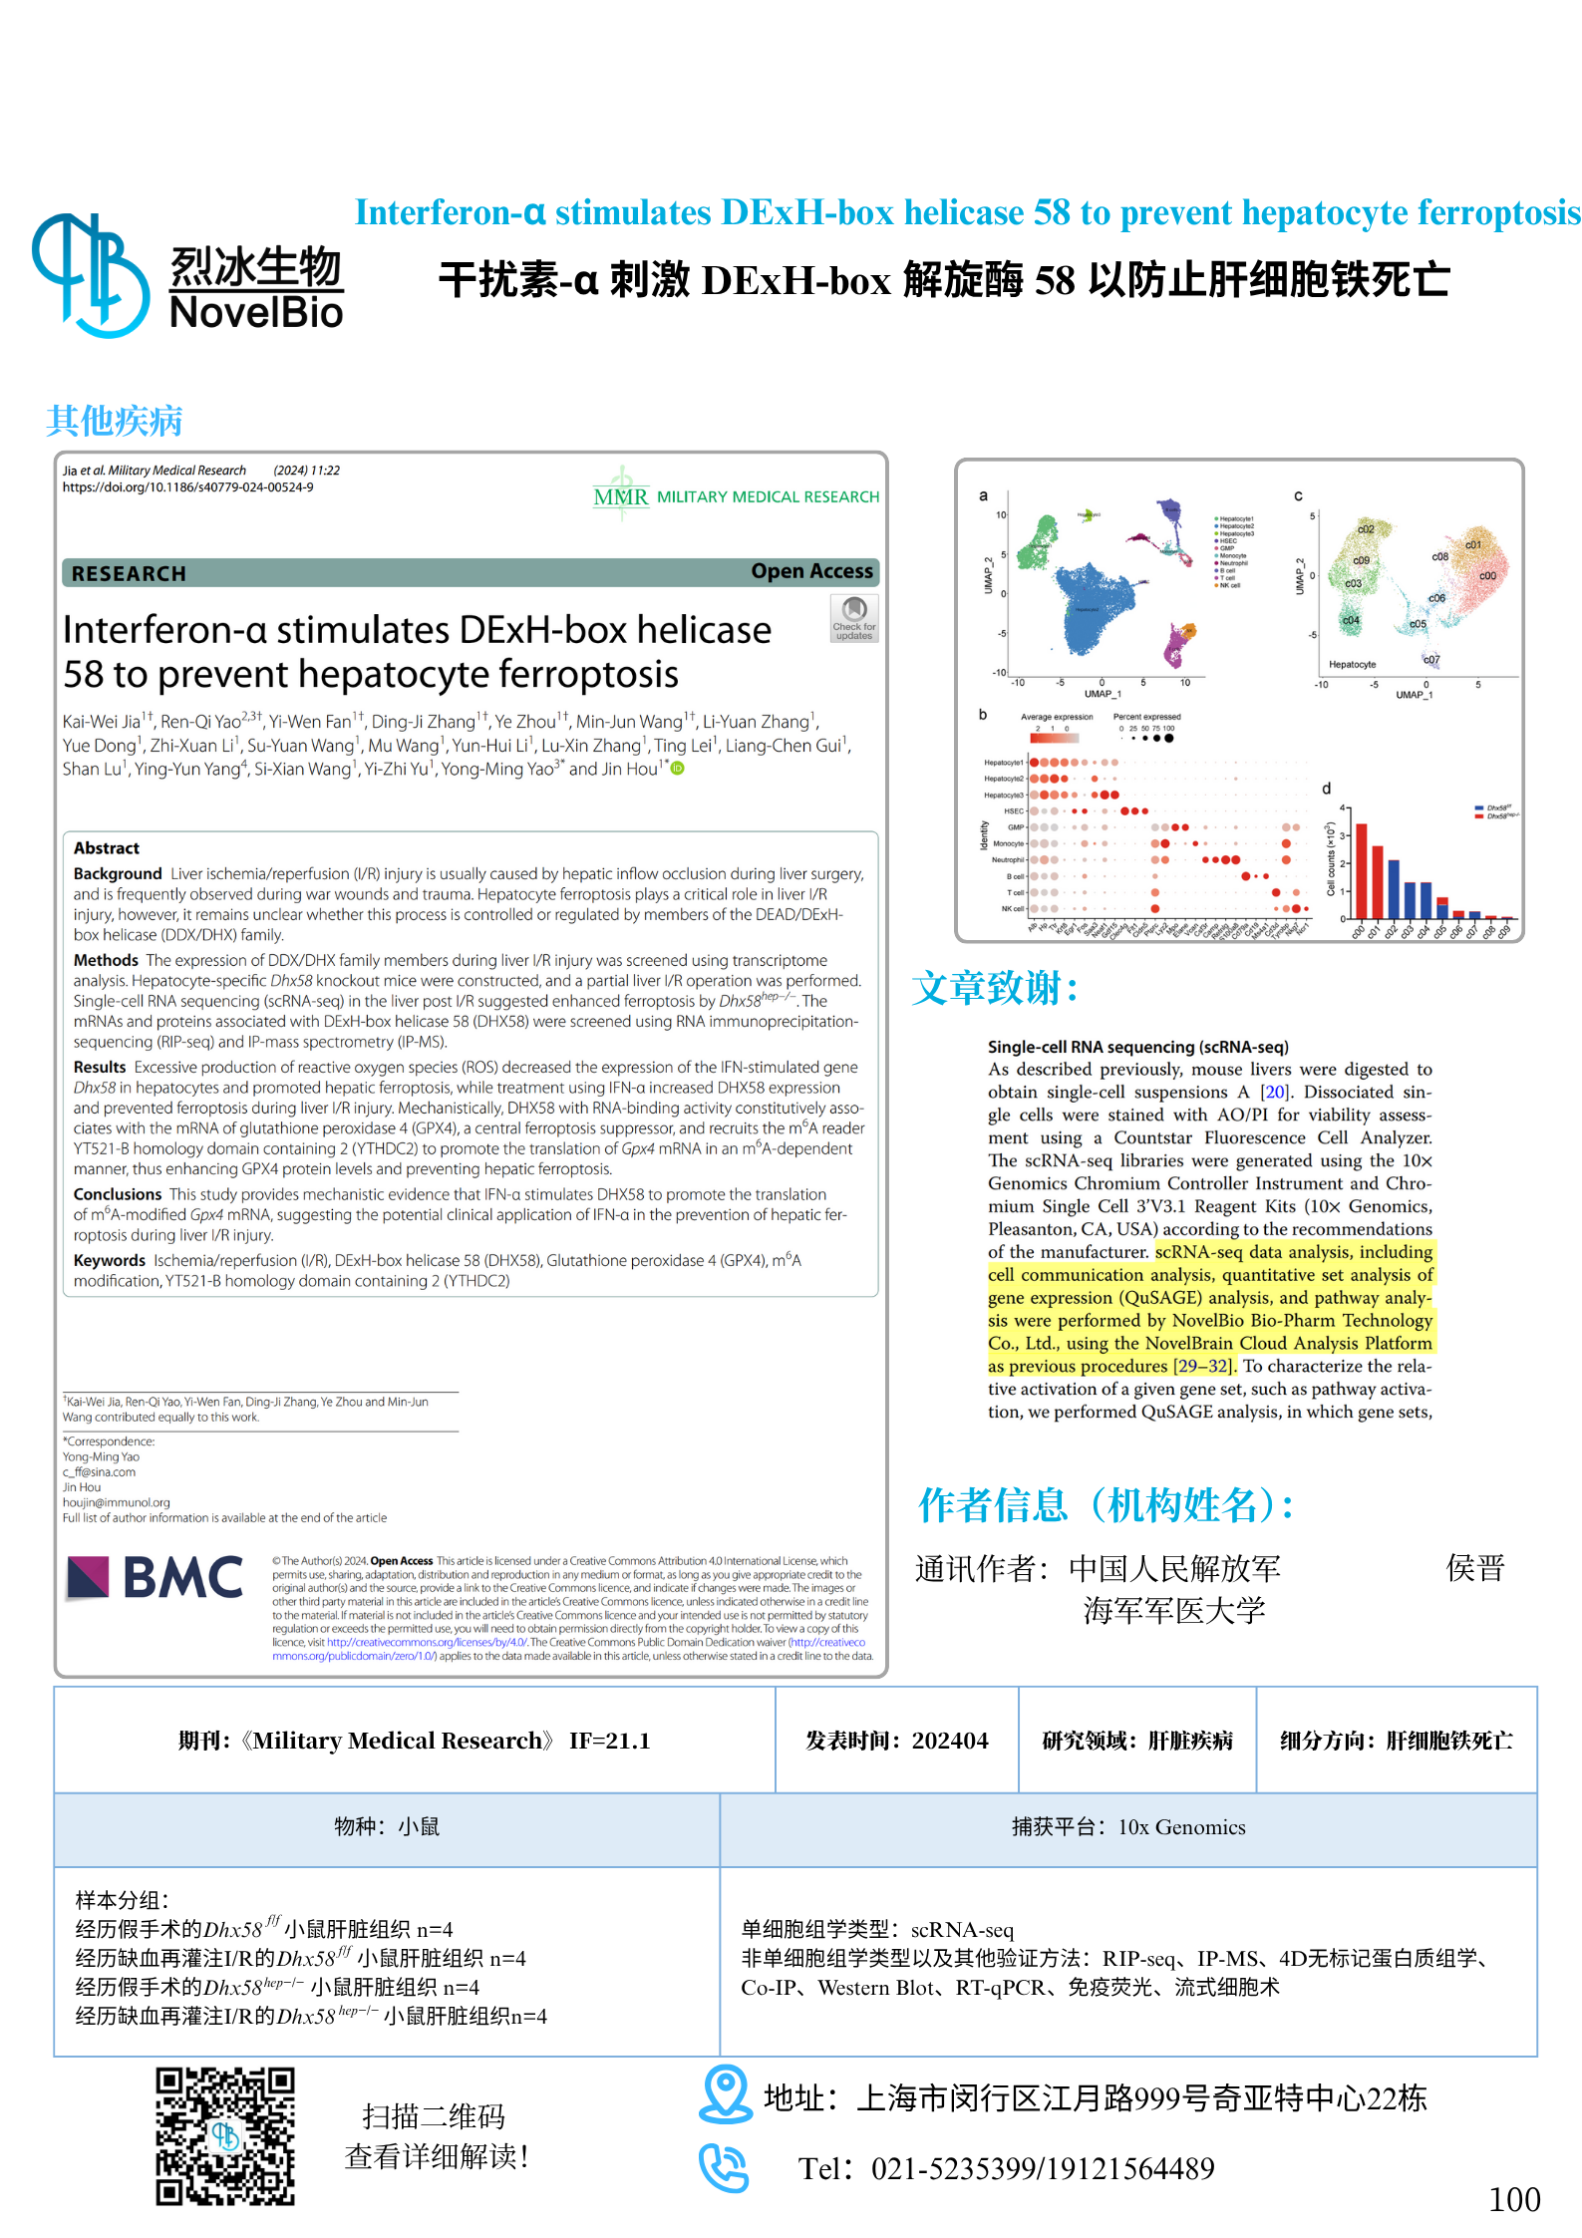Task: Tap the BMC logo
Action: coord(156,1577)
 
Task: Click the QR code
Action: coord(225,2135)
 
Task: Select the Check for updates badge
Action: coord(854,618)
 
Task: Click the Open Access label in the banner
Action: coord(811,571)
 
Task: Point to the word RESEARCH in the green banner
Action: coord(129,573)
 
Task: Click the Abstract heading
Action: coord(107,848)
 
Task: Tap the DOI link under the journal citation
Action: coord(187,487)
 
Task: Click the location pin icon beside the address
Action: coord(725,2092)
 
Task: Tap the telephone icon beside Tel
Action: coord(723,2167)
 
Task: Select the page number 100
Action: coord(1513,2199)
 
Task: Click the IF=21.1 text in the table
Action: coord(610,1741)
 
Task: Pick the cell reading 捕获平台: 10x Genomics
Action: coord(1128,1827)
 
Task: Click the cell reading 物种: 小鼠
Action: coord(387,1827)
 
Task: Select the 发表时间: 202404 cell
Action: coord(896,1741)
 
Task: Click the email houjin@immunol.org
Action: coord(117,1502)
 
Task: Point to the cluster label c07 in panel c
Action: coord(1431,660)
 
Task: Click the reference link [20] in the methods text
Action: coord(1275,1092)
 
